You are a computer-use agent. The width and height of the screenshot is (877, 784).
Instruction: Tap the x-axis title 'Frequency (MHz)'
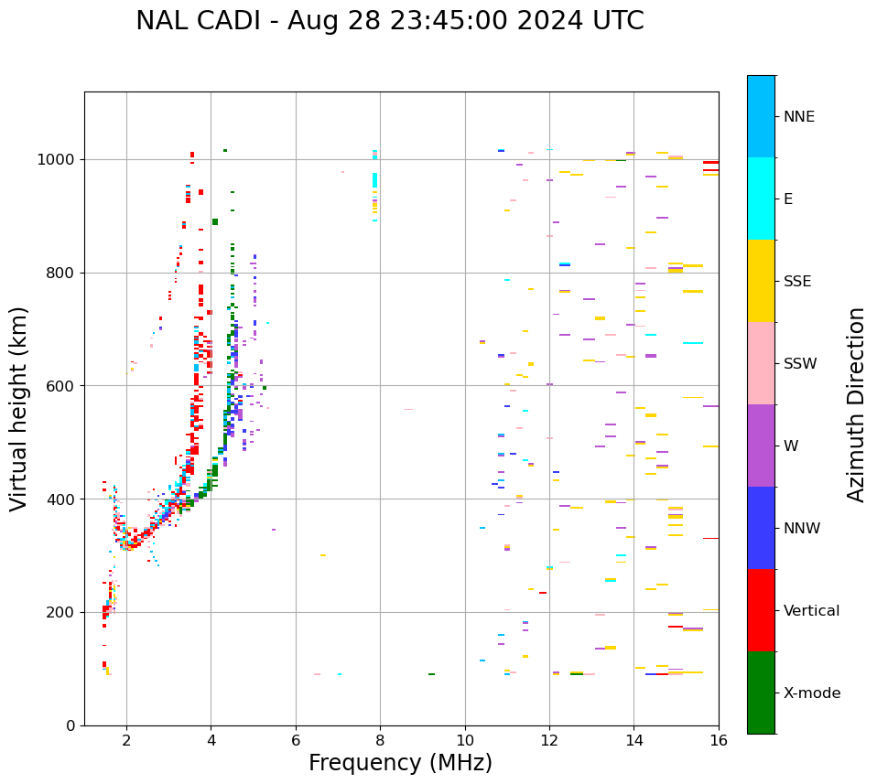(x=400, y=763)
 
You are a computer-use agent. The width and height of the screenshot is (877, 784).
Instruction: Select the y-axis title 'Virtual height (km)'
(x=19, y=408)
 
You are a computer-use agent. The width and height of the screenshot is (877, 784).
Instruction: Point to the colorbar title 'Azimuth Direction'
(x=856, y=404)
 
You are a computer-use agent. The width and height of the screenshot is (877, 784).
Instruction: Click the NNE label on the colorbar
(x=798, y=117)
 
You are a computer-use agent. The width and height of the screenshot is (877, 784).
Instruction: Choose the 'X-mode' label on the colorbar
(x=811, y=693)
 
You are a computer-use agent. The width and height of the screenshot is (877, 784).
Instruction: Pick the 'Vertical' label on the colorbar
(x=811, y=611)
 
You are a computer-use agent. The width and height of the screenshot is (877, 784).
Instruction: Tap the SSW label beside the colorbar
(x=800, y=364)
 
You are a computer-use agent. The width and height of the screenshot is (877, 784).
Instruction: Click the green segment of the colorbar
(x=761, y=693)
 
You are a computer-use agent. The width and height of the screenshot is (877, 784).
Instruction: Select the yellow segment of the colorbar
(x=761, y=281)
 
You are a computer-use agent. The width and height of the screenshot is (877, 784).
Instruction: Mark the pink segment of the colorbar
(x=761, y=363)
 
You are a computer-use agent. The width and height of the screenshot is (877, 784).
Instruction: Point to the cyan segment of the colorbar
(x=761, y=199)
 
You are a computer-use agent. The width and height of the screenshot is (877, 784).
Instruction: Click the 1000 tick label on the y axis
(x=57, y=160)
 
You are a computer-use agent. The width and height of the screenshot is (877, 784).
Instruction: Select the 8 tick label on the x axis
(x=380, y=740)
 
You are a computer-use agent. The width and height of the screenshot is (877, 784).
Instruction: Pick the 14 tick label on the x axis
(x=633, y=740)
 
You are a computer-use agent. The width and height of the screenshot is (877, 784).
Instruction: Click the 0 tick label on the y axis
(x=70, y=725)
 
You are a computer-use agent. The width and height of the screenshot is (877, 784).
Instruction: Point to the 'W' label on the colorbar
(x=790, y=446)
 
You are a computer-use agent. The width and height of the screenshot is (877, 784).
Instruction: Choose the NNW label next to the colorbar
(x=801, y=529)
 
